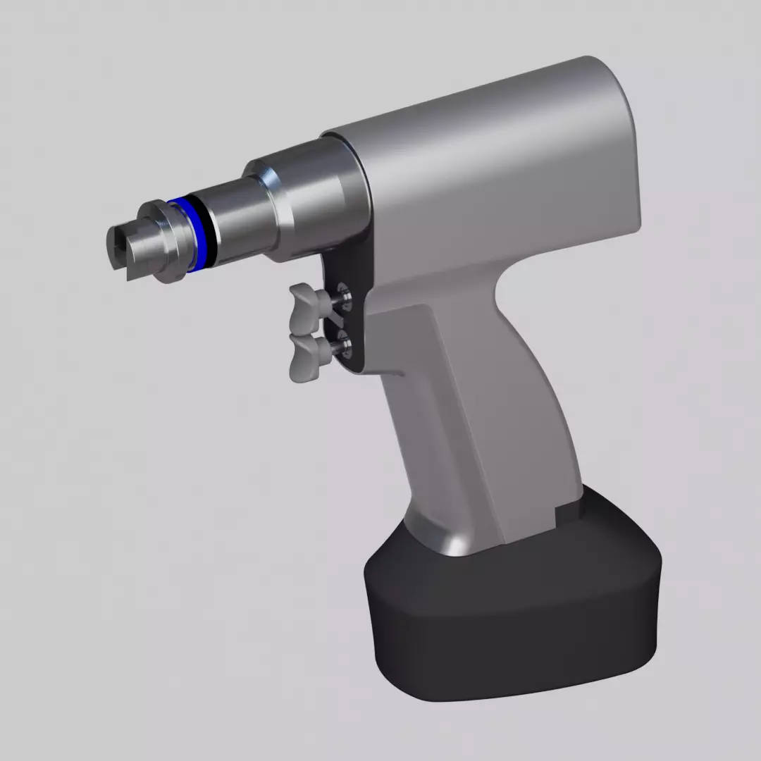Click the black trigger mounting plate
(x=352, y=317)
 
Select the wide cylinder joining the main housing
(x=317, y=197)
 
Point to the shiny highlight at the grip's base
(x=451, y=539)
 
